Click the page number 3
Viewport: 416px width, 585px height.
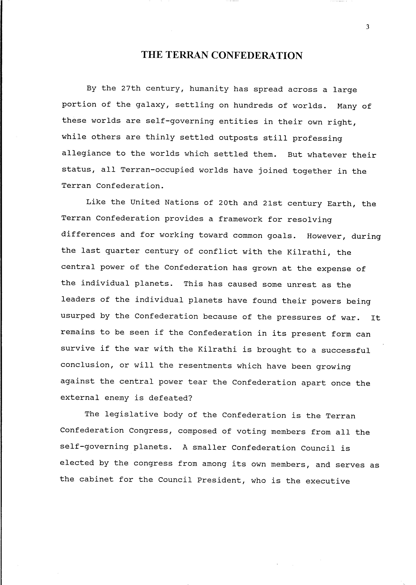click(368, 27)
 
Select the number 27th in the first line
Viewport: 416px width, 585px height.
click(131, 89)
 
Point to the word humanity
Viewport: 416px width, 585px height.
click(209, 89)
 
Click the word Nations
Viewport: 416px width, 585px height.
click(182, 202)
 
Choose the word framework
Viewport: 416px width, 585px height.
click(240, 219)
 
